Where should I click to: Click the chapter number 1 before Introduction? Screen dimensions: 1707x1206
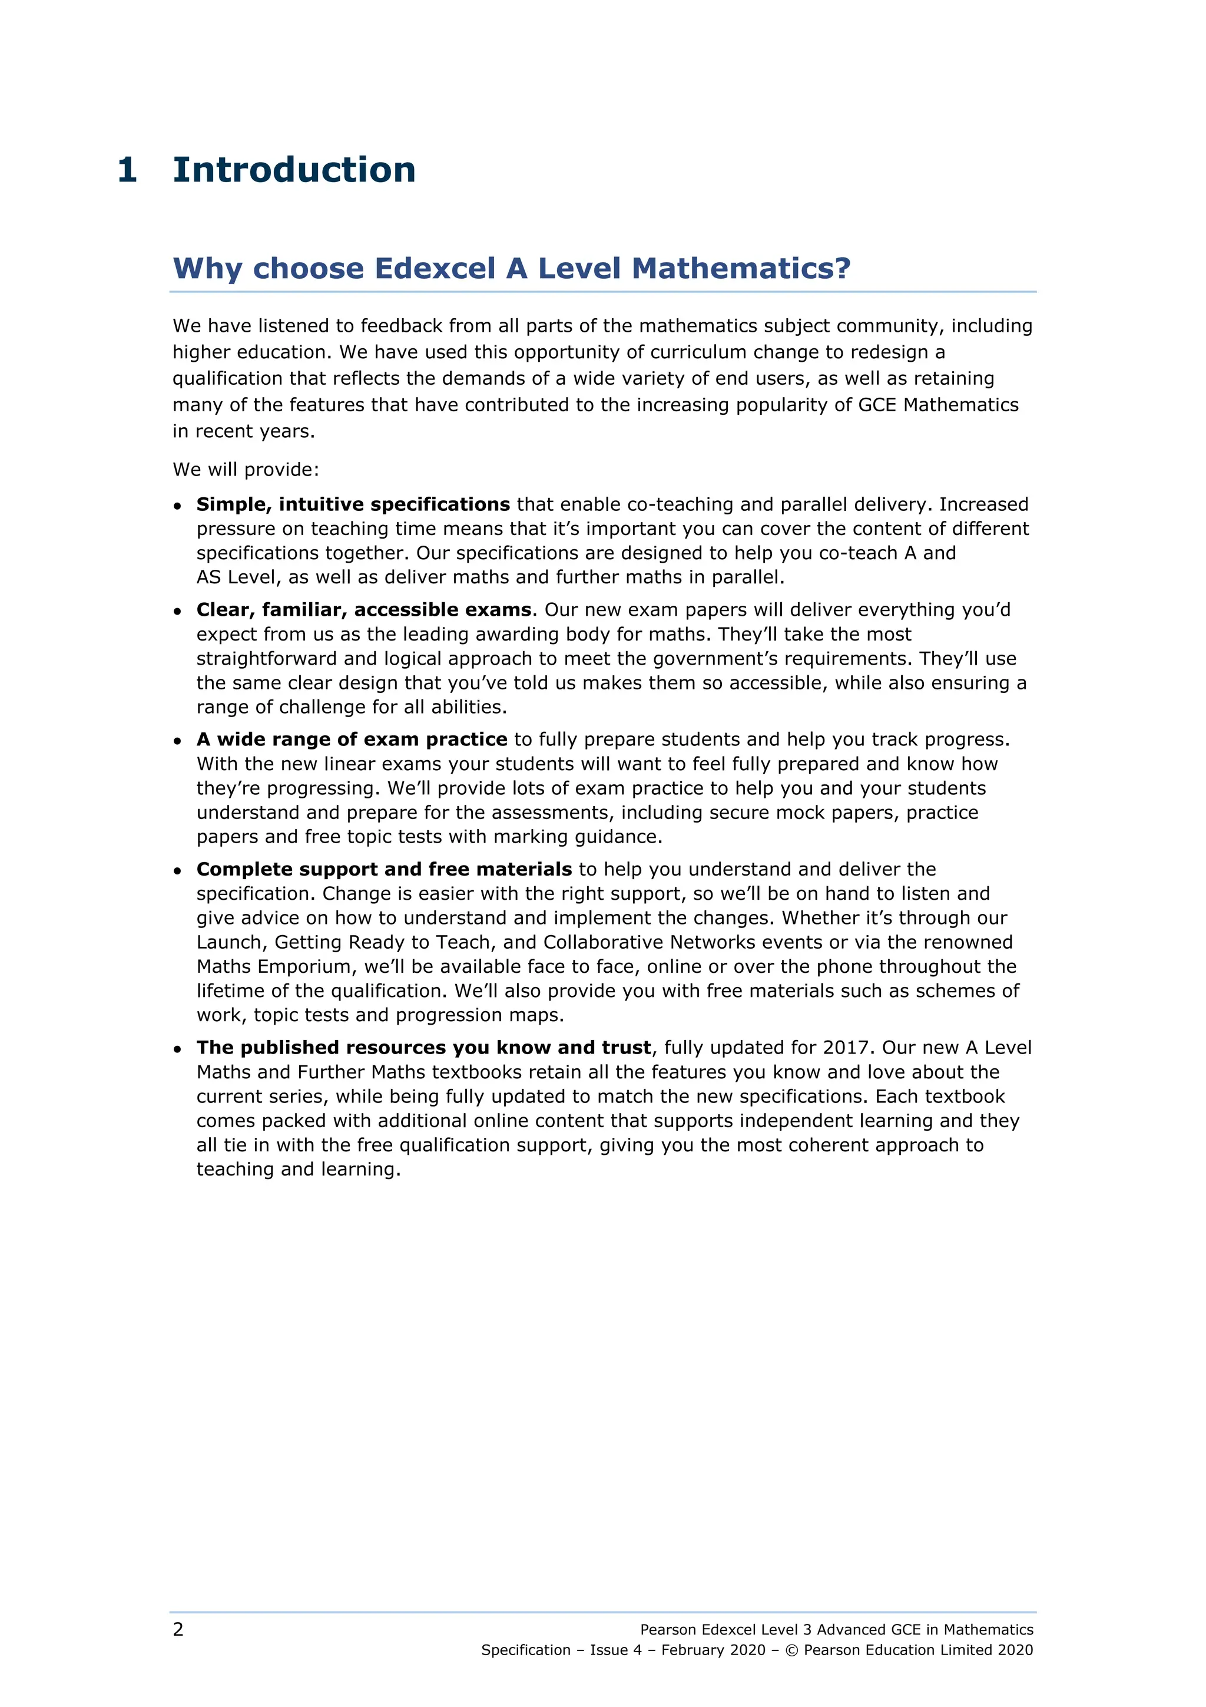pos(127,170)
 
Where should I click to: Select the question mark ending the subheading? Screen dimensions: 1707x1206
pos(843,268)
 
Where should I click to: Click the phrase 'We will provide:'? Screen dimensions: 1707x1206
pos(245,470)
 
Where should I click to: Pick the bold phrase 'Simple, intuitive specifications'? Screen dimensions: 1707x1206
pos(353,505)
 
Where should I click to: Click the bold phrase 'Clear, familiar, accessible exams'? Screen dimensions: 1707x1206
pos(364,610)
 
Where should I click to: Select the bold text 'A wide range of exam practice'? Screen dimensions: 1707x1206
pos(352,739)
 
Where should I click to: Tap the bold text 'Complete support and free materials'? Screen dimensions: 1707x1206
pos(384,870)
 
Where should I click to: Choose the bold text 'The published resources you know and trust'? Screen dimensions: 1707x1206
pos(423,1048)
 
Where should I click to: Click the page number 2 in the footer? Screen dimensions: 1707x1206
pos(178,1630)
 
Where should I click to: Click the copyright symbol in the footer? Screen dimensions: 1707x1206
pos(791,1650)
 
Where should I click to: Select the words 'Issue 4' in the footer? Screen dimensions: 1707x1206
pos(615,1650)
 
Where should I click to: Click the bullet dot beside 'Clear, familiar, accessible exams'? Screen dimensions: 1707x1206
pos(178,612)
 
